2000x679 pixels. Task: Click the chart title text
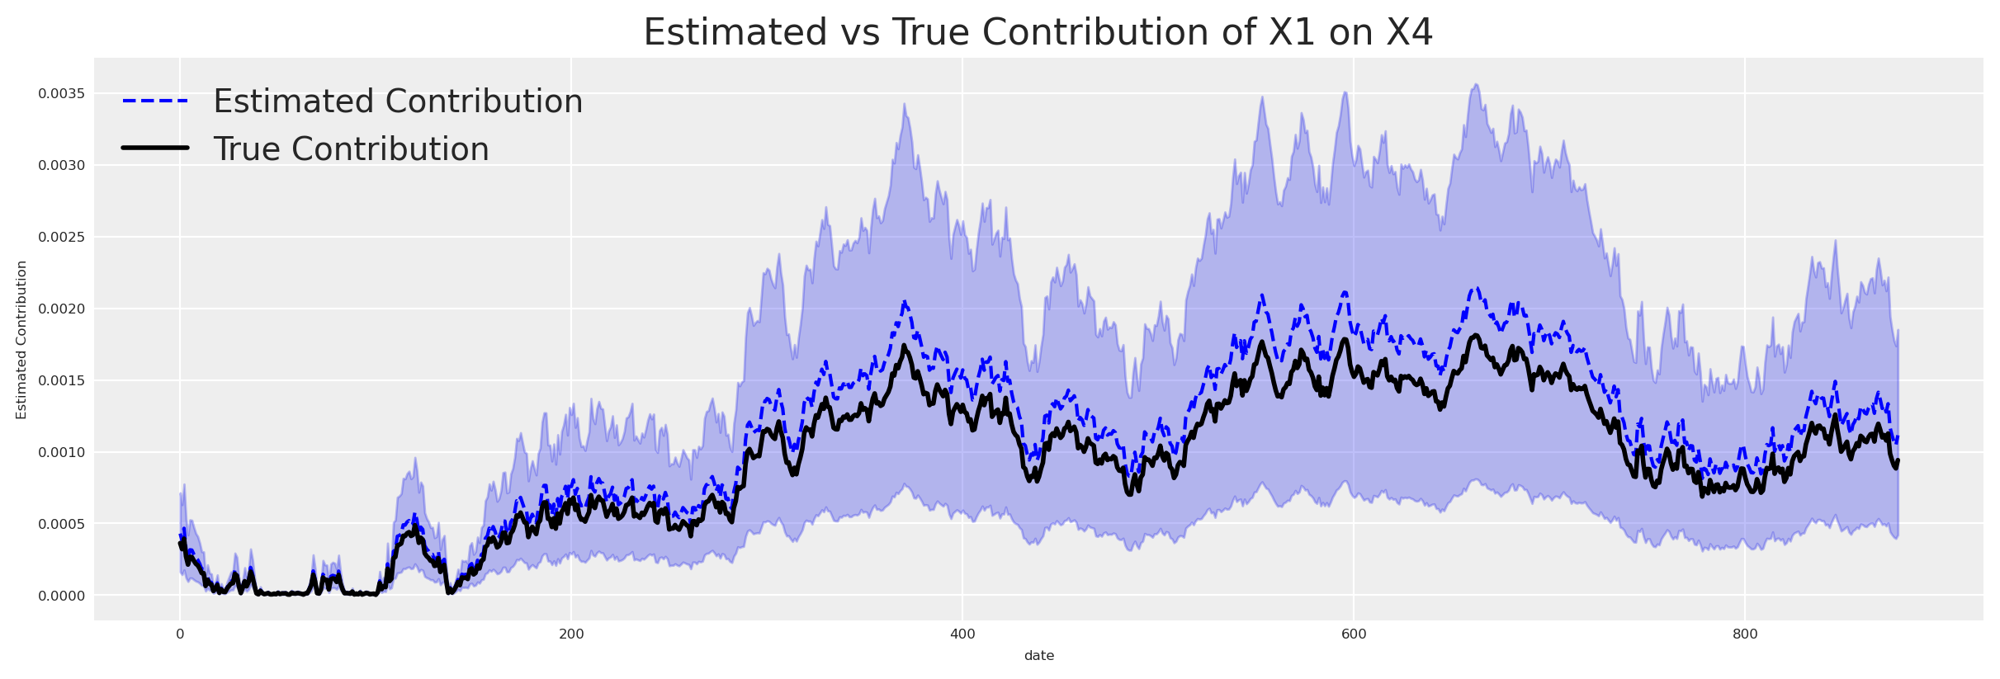1038,33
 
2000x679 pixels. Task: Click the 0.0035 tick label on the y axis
61,93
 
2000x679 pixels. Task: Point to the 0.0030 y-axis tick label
61,165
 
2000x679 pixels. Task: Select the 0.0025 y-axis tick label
61,237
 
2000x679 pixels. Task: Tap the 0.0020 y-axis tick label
61,309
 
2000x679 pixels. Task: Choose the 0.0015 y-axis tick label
61,380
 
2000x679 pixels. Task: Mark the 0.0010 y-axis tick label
61,452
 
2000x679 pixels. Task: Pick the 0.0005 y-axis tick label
61,524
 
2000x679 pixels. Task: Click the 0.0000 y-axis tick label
61,596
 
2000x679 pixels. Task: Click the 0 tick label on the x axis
180,634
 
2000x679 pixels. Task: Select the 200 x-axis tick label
571,634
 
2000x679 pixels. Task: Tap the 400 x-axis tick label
962,634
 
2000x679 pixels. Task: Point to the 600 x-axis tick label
1354,634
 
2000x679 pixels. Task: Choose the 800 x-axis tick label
1745,634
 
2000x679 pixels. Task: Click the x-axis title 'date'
1038,656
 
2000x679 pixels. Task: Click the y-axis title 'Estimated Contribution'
22,340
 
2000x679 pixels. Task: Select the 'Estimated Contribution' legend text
398,101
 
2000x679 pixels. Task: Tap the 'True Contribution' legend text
351,149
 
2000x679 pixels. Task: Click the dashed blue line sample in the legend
156,101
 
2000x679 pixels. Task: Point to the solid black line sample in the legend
156,148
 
